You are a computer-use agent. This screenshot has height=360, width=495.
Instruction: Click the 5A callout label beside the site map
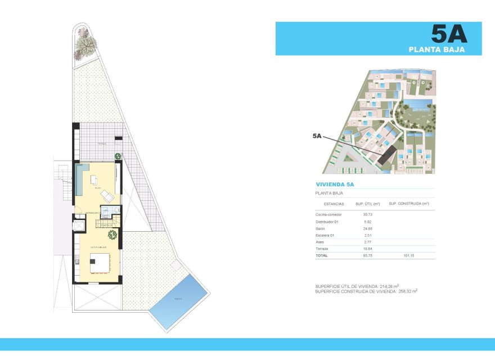pyautogui.click(x=317, y=136)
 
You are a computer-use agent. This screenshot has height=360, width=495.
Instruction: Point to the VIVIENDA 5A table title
pyautogui.click(x=335, y=184)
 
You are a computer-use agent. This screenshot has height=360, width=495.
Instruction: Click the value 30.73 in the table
pyautogui.click(x=368, y=214)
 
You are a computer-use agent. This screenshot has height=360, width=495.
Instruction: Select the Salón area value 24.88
pyautogui.click(x=368, y=228)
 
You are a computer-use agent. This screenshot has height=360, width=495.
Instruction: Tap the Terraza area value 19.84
pyautogui.click(x=368, y=248)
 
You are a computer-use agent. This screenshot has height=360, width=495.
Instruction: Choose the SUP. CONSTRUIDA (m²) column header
pyautogui.click(x=409, y=204)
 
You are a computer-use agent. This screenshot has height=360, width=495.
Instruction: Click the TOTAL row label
pyautogui.click(x=322, y=255)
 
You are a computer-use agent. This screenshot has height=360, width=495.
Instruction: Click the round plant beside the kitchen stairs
pyautogui.click(x=112, y=235)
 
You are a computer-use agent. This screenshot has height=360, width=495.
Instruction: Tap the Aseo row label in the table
pyautogui.click(x=320, y=241)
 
